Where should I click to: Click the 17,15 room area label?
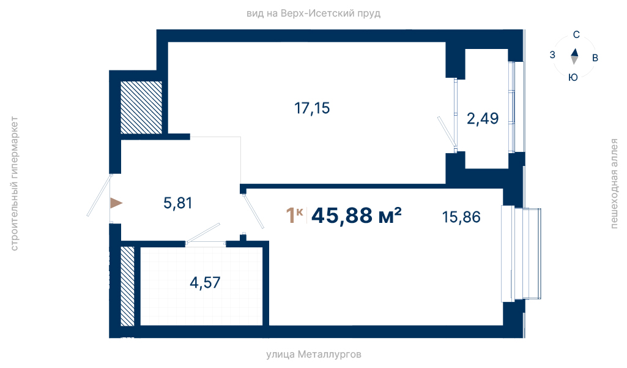(x=312, y=108)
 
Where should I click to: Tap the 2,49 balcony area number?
(x=483, y=119)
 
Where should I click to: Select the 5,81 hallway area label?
(x=178, y=203)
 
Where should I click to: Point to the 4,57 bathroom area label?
(x=205, y=283)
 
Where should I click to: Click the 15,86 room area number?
(x=461, y=217)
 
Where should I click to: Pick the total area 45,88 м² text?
(x=356, y=216)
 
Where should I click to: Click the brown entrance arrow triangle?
(x=116, y=203)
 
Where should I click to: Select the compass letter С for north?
(x=576, y=35)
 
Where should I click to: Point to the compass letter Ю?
(x=573, y=77)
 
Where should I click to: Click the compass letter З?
(x=552, y=55)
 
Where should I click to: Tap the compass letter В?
(x=595, y=58)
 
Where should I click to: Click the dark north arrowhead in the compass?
(x=574, y=53)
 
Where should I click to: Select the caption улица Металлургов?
(x=314, y=355)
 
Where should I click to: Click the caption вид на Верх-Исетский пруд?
(x=313, y=13)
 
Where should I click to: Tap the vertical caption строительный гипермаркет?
(x=14, y=184)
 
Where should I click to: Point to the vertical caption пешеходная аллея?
(x=614, y=184)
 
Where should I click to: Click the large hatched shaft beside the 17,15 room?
(x=141, y=108)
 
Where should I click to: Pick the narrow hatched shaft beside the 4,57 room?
(x=128, y=286)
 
